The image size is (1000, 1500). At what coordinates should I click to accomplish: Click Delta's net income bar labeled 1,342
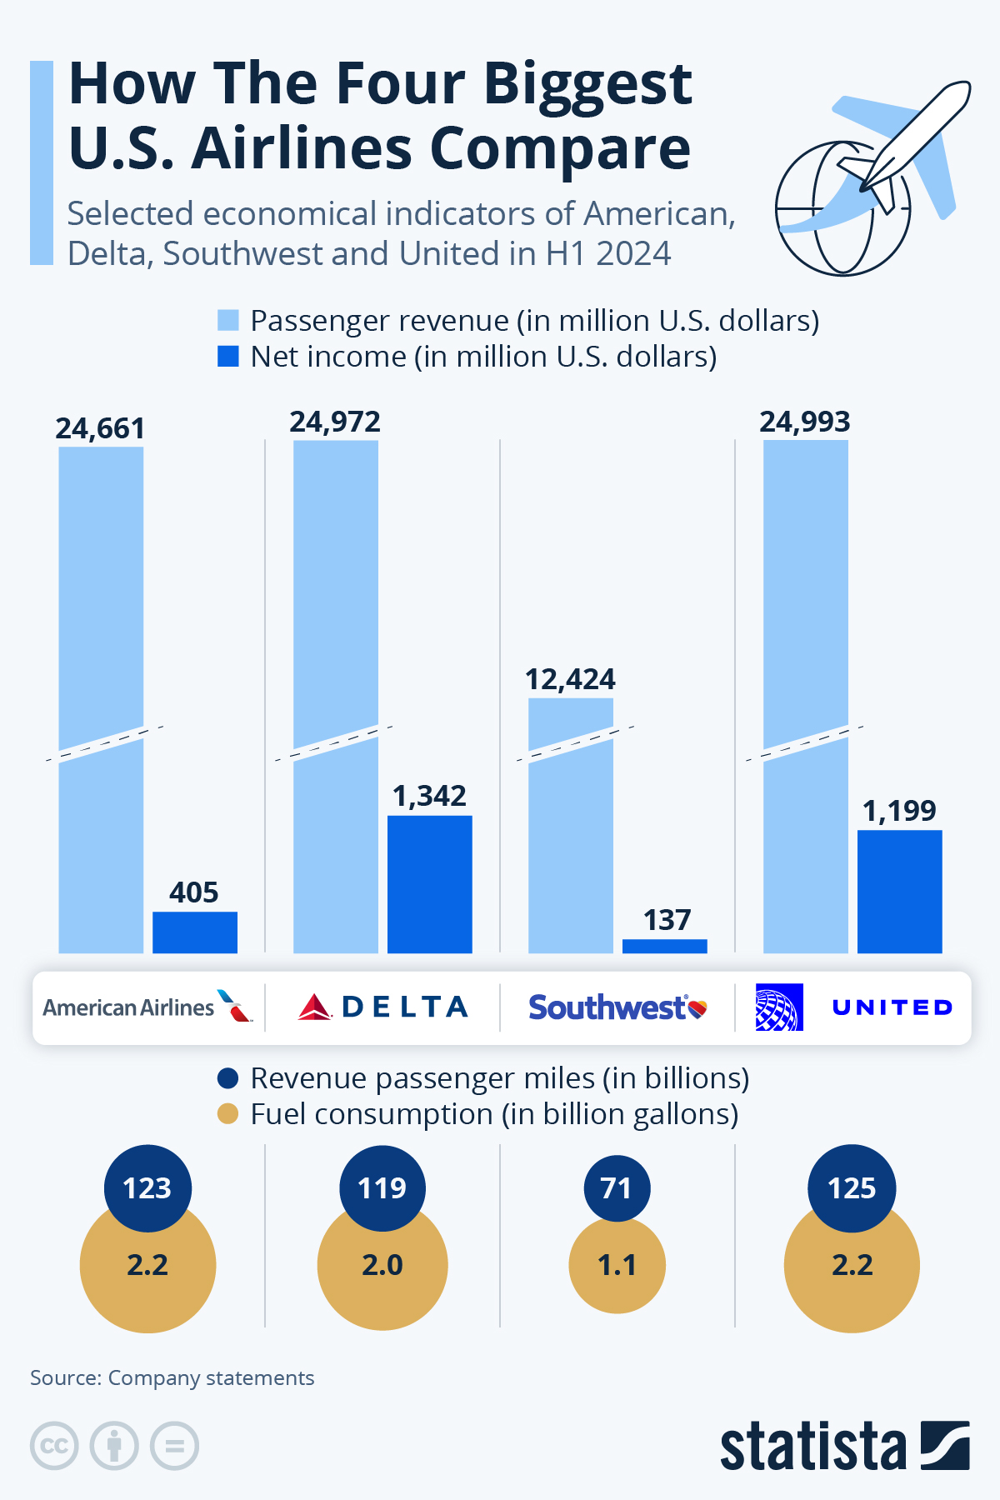click(x=430, y=884)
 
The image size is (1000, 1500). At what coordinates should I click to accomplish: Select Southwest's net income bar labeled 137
click(x=665, y=946)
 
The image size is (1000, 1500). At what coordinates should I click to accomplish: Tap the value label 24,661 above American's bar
click(x=100, y=428)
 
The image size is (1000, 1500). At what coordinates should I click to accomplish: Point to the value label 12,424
click(x=570, y=679)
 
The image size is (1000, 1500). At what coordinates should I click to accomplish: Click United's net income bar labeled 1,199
click(x=900, y=891)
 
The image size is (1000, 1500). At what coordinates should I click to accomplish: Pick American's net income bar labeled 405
click(x=195, y=932)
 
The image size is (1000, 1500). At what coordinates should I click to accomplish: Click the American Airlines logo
click(x=147, y=1007)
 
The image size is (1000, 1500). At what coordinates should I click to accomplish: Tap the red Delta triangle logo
click(x=315, y=1007)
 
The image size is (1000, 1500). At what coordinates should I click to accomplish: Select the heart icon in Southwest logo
click(x=697, y=1009)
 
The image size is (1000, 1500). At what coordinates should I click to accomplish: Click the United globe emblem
click(x=779, y=1007)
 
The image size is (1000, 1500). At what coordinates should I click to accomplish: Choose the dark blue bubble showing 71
click(x=617, y=1187)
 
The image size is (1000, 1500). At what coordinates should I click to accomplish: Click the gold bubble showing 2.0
click(x=382, y=1275)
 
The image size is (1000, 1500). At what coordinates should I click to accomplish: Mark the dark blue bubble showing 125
click(x=852, y=1187)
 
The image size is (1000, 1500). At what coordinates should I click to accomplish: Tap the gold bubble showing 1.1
click(x=617, y=1271)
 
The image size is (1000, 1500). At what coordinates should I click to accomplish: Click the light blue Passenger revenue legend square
click(x=227, y=320)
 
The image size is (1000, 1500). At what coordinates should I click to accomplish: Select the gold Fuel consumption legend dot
click(x=227, y=1113)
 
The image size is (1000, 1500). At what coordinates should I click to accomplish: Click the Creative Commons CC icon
click(x=54, y=1446)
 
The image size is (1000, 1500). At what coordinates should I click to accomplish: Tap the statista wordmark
click(x=812, y=1447)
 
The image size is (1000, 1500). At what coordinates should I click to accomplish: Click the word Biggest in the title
click(x=587, y=85)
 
